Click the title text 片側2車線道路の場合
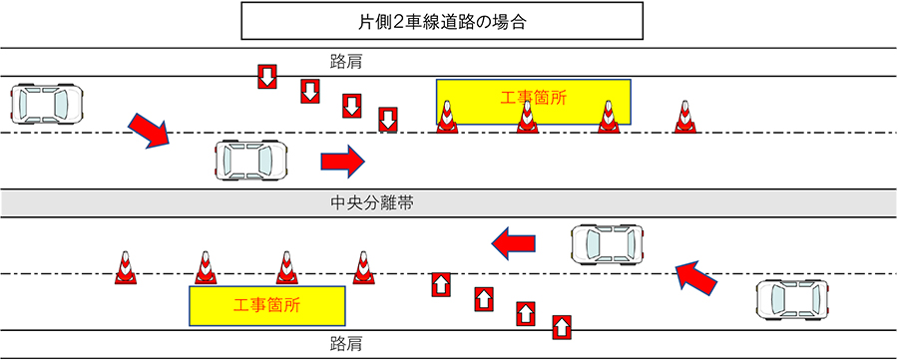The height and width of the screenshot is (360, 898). click(448, 21)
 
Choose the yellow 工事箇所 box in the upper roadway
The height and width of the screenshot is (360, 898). click(534, 102)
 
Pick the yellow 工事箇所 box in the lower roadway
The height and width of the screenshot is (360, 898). click(266, 306)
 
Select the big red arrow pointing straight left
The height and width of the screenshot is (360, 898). click(514, 241)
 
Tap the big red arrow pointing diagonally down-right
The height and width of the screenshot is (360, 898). click(150, 131)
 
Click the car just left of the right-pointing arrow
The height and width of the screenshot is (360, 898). click(251, 159)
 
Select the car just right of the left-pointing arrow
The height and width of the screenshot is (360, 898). click(608, 243)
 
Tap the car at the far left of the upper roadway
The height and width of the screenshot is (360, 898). click(47, 102)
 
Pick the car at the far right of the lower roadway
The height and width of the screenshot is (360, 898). click(793, 298)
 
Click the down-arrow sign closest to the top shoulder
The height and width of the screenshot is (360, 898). click(266, 77)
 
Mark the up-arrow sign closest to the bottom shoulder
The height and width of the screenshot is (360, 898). click(562, 326)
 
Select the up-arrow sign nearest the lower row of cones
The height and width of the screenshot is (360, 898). click(440, 284)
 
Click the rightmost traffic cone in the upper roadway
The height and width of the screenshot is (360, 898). click(683, 118)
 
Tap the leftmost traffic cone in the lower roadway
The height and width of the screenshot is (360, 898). click(125, 269)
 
